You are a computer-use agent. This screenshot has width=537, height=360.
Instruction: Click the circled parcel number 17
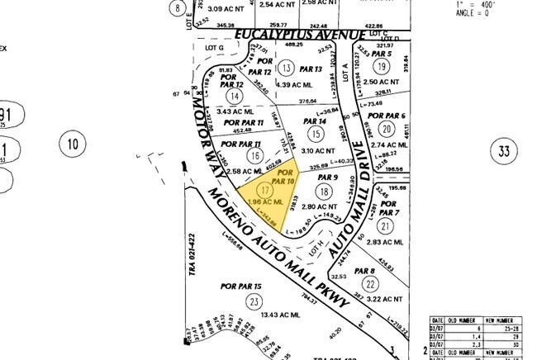[242, 189]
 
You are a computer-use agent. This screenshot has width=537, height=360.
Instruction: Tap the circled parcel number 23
[252, 302]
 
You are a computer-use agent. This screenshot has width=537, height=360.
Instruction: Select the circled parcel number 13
[287, 67]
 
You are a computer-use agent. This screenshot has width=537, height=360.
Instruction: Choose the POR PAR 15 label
[242, 286]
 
